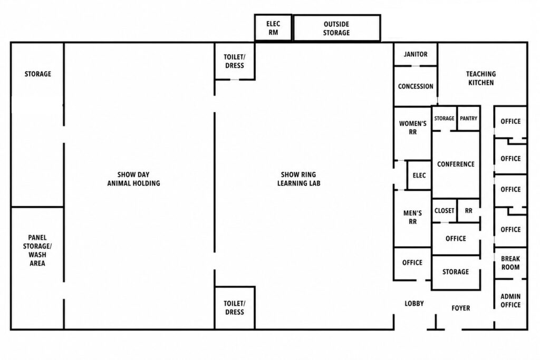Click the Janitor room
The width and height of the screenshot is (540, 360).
pyautogui.click(x=416, y=54)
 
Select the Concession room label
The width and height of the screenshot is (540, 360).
pyautogui.click(x=416, y=86)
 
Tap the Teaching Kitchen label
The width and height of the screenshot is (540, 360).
pyautogui.click(x=481, y=78)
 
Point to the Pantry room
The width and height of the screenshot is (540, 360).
pyautogui.click(x=469, y=119)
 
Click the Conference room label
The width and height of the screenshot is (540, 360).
pyautogui.click(x=456, y=164)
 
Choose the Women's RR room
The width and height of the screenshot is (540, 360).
pyautogui.click(x=412, y=133)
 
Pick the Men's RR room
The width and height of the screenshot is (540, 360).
pyautogui.click(x=412, y=218)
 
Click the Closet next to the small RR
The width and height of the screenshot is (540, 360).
pyautogui.click(x=445, y=211)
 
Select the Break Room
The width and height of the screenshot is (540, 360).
pyautogui.click(x=510, y=263)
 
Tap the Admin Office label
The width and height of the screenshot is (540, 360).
pyautogui.click(x=510, y=300)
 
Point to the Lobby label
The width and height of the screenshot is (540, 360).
pyautogui.click(x=414, y=304)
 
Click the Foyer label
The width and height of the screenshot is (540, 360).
pyautogui.click(x=461, y=308)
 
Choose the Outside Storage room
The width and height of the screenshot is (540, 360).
pyautogui.click(x=336, y=28)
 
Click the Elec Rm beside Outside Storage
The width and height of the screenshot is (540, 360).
pyautogui.click(x=273, y=28)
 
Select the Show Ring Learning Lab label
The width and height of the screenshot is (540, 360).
pyautogui.click(x=298, y=179)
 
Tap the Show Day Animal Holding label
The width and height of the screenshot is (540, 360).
pyautogui.click(x=133, y=179)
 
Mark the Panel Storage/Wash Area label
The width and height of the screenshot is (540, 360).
pyautogui.click(x=37, y=250)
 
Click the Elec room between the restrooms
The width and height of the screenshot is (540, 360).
pyautogui.click(x=419, y=175)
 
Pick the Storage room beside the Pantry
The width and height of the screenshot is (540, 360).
pyautogui.click(x=444, y=119)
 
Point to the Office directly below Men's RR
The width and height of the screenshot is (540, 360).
pyautogui.click(x=412, y=264)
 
